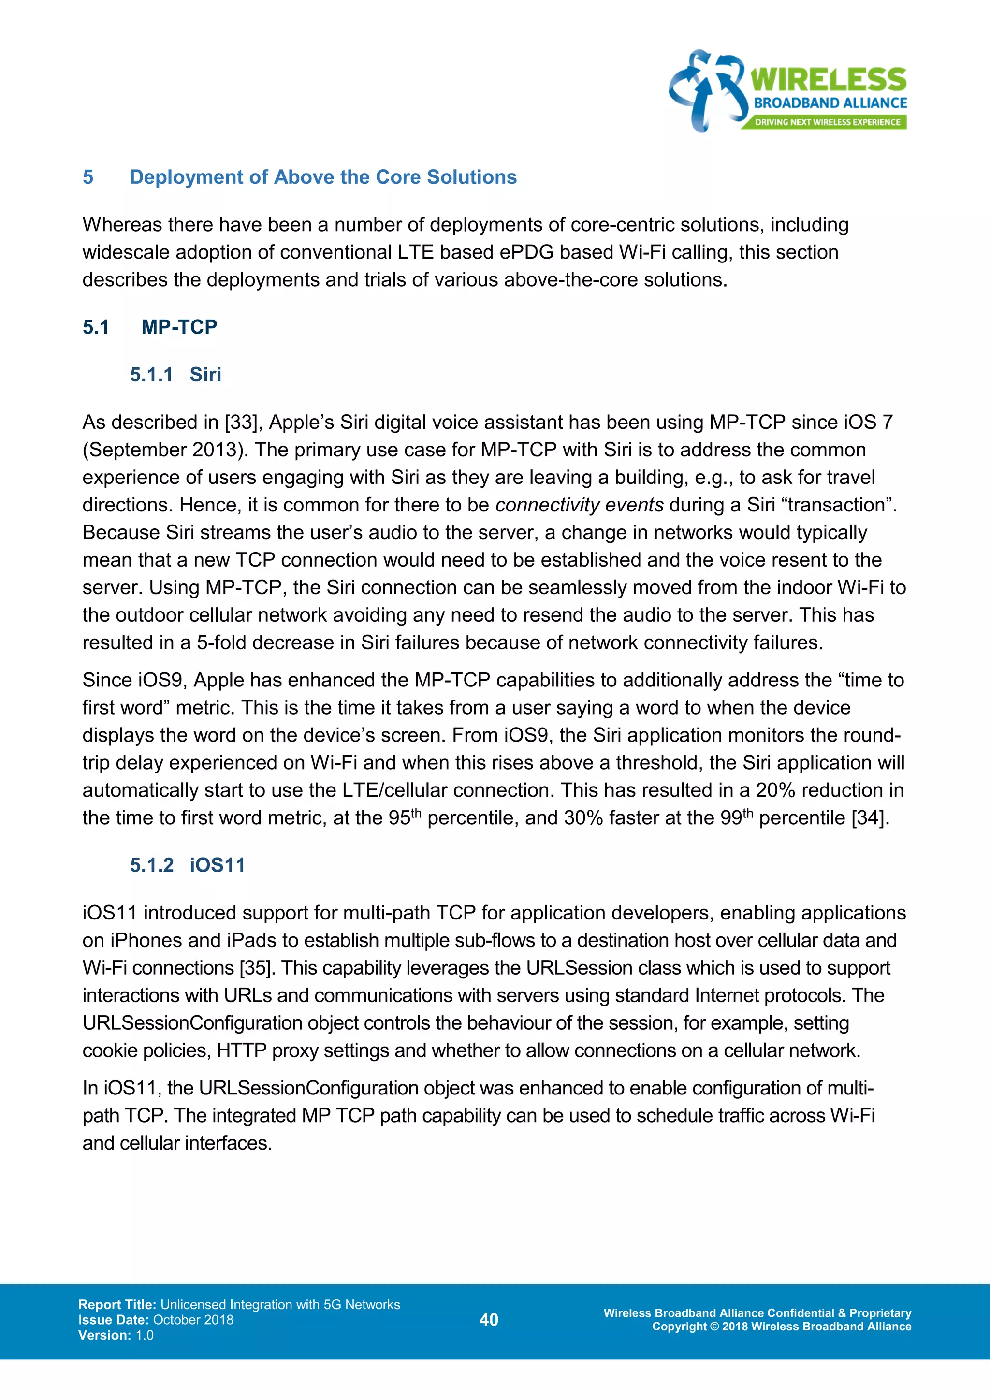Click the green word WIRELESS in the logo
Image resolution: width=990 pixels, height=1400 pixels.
[x=828, y=80]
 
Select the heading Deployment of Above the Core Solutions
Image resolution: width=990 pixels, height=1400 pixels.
[x=322, y=177]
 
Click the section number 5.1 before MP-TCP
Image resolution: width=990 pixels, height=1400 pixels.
[x=96, y=327]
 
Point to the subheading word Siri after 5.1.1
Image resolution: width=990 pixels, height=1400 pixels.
[x=205, y=374]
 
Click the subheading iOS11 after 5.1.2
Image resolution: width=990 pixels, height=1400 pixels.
[x=217, y=865]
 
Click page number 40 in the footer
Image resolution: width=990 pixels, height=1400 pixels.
[x=489, y=1320]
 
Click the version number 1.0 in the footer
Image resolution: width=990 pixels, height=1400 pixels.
[x=145, y=1335]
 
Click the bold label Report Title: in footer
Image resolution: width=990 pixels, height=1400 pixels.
[x=117, y=1305]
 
